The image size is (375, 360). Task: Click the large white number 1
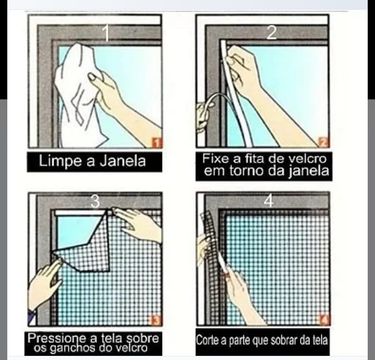106,33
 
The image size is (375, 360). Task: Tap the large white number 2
271,32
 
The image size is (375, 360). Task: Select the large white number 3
95,201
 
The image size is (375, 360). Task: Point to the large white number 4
269,201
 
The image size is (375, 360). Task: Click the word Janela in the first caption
123,161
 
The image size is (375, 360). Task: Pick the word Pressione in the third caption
57,338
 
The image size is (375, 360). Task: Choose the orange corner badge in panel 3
156,320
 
